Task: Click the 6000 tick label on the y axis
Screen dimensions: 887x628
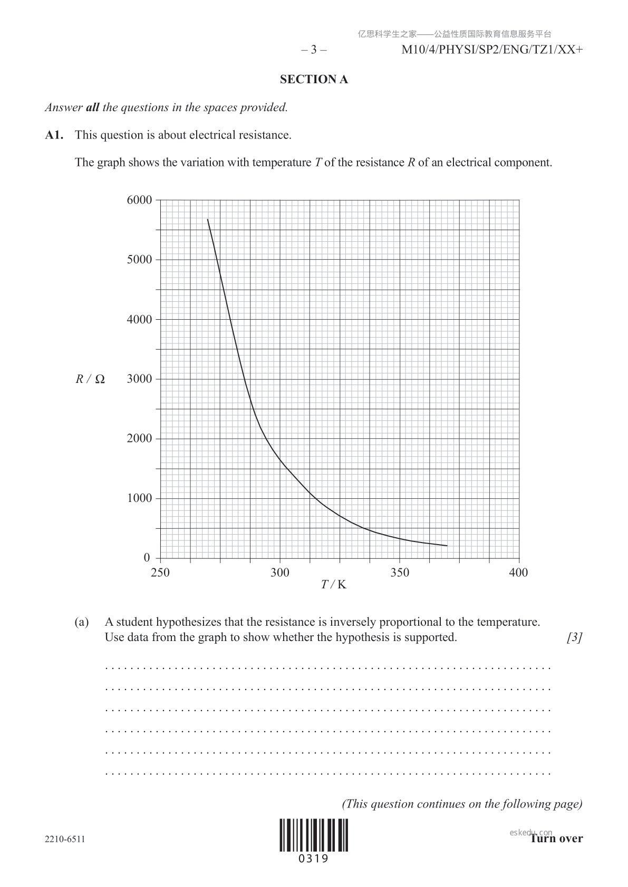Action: [139, 200]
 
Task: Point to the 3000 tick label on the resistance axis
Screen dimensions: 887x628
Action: [139, 379]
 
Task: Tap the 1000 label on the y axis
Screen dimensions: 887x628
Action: [139, 498]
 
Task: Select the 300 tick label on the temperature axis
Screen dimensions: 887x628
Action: [280, 573]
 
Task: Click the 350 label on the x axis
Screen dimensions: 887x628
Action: [400, 573]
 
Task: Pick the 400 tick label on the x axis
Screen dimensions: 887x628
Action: [518, 573]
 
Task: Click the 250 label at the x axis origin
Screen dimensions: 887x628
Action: [160, 573]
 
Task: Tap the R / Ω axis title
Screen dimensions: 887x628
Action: [90, 379]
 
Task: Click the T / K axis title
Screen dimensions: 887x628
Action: [334, 585]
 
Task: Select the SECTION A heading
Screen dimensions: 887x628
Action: [314, 80]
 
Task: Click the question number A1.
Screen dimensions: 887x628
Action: [54, 135]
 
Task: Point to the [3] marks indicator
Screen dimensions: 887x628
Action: [574, 637]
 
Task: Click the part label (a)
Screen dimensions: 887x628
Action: [82, 622]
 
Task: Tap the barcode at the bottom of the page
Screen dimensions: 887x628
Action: [314, 835]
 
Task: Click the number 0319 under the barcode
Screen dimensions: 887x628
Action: [314, 859]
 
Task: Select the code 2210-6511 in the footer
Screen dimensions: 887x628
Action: [65, 839]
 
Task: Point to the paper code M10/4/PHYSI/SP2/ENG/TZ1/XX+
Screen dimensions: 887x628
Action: [492, 50]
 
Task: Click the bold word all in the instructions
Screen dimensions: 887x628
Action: [92, 107]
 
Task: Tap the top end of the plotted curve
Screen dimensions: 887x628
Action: [208, 220]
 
